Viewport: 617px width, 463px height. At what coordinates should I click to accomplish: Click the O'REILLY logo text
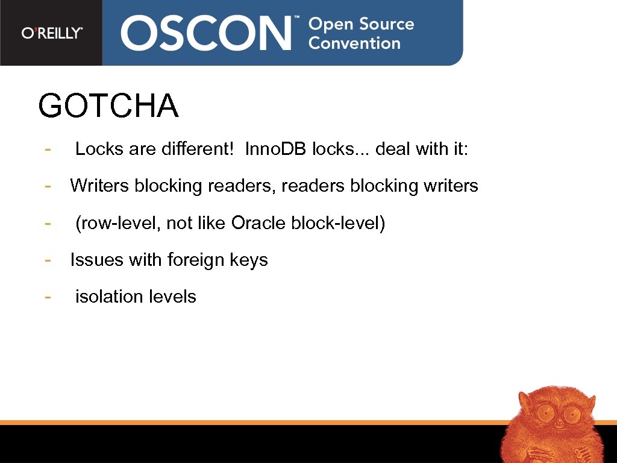(52, 33)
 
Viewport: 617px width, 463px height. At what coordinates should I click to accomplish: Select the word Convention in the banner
(354, 43)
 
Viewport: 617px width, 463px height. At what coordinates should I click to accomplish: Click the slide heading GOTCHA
(108, 106)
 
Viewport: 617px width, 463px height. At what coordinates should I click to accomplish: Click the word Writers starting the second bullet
(99, 186)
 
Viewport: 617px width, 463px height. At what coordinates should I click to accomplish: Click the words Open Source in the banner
(361, 24)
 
